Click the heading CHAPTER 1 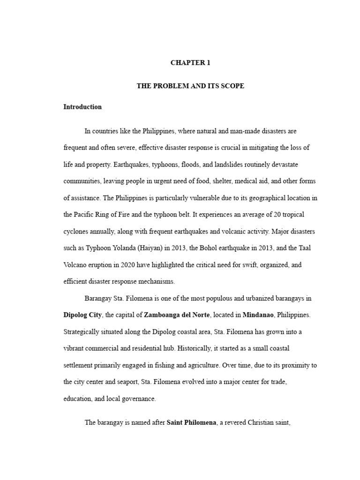coord(190,63)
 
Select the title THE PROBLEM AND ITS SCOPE coord(190,86)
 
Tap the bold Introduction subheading coord(82,107)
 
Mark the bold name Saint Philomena coord(191,423)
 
